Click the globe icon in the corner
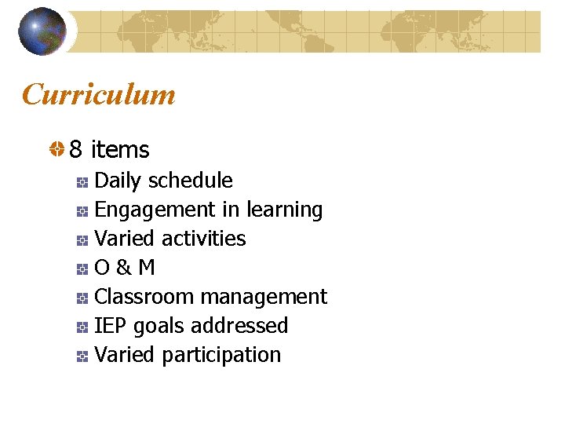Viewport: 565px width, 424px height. click(42, 31)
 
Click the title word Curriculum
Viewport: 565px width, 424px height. click(99, 95)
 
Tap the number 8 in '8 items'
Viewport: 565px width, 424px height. click(76, 149)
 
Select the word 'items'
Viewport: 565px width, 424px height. click(120, 149)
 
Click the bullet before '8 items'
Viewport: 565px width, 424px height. click(57, 149)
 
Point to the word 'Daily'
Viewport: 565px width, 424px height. click(118, 181)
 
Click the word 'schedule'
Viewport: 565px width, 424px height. click(191, 181)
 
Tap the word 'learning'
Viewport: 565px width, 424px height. click(284, 210)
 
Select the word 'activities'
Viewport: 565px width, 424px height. click(202, 239)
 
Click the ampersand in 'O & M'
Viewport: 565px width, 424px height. click(123, 268)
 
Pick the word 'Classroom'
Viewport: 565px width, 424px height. click(144, 297)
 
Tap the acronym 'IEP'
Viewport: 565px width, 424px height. click(111, 326)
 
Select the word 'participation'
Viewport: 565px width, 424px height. click(221, 355)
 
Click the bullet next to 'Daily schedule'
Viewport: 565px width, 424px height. click(82, 182)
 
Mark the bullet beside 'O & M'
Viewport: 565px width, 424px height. click(82, 269)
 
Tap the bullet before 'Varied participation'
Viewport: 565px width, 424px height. click(82, 356)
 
